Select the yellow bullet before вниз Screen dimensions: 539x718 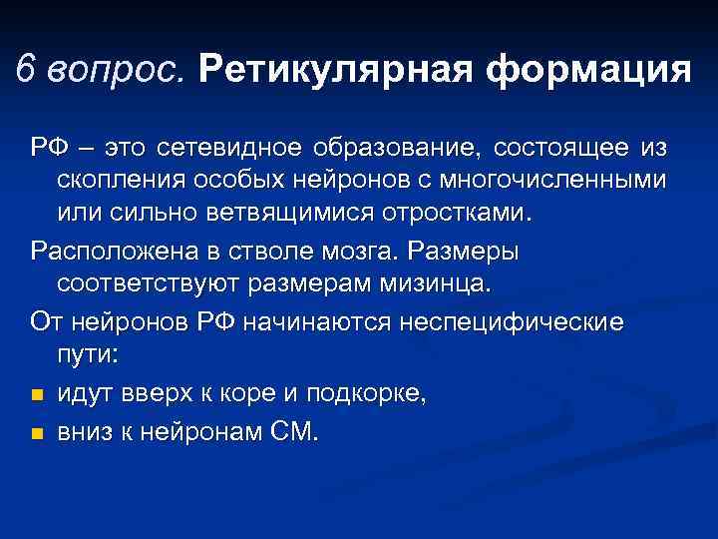tap(37, 433)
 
